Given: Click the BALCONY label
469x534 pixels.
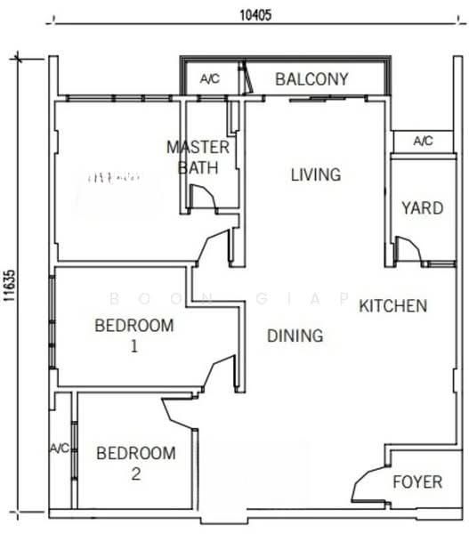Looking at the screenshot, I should [311, 79].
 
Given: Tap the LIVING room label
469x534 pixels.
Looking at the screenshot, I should [316, 174].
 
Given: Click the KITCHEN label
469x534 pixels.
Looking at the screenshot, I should [393, 306].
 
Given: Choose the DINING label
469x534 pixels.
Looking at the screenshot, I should [295, 336].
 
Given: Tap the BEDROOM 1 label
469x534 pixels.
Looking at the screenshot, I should [134, 335].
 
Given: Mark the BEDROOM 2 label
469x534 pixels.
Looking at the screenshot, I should [134, 464].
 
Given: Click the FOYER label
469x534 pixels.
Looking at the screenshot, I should [417, 482].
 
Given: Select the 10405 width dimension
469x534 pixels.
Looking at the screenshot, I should [256, 14].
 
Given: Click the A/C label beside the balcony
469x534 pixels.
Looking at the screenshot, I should [210, 79].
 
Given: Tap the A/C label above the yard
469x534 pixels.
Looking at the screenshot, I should [424, 141].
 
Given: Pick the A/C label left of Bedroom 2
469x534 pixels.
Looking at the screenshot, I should [61, 448].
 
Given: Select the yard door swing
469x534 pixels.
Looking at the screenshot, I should [406, 249].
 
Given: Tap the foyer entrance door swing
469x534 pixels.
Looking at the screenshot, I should [367, 486].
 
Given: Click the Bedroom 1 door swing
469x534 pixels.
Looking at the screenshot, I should [217, 374].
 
